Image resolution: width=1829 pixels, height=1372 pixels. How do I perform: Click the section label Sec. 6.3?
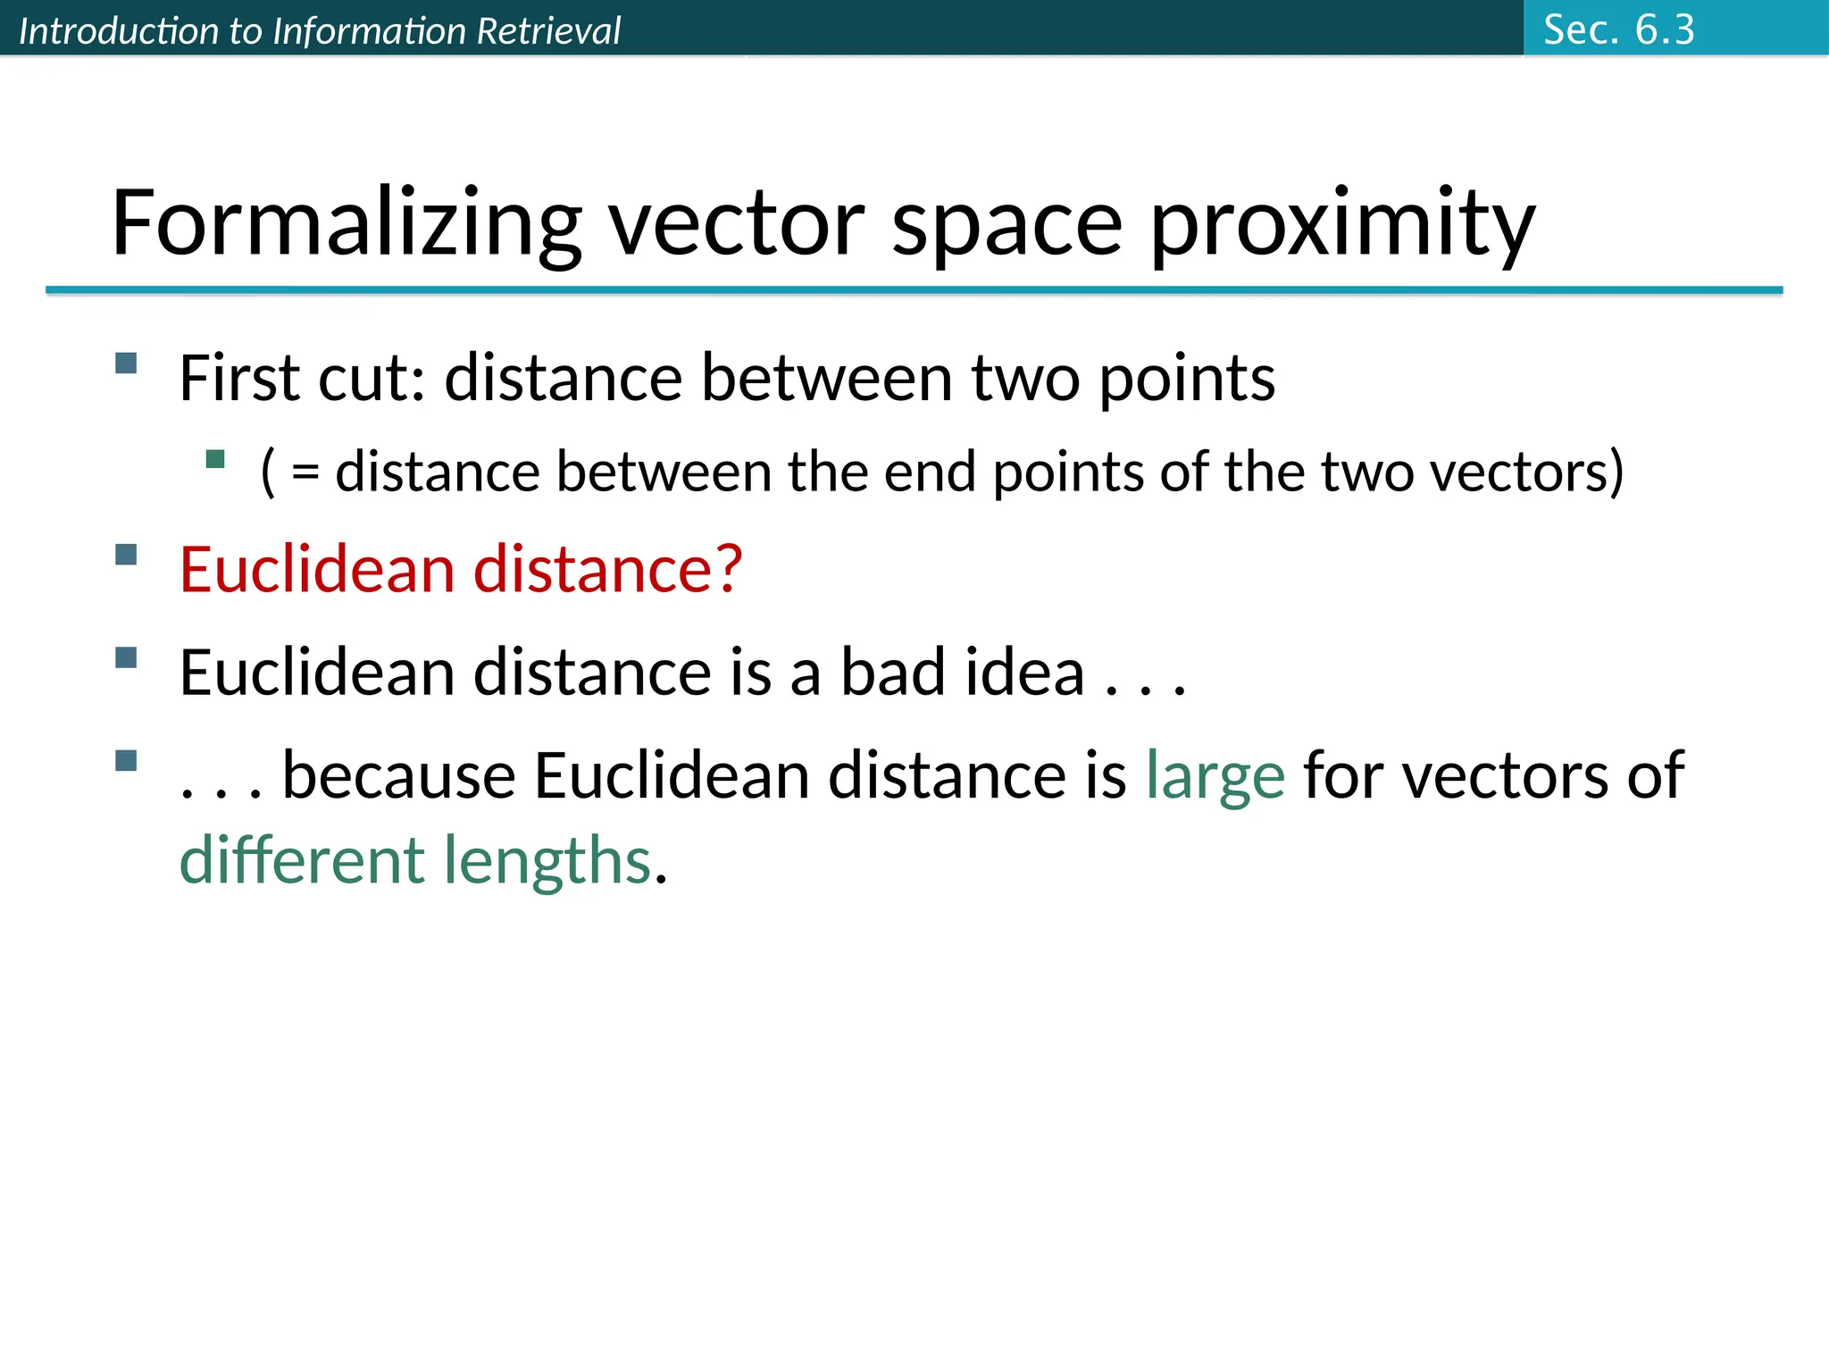click(1618, 29)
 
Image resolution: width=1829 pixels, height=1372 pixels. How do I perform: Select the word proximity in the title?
click(1342, 223)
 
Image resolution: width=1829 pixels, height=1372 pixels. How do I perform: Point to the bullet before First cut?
click(126, 363)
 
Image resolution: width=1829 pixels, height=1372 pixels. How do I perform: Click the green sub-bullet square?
click(215, 459)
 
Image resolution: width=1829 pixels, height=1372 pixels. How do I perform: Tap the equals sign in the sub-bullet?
click(305, 473)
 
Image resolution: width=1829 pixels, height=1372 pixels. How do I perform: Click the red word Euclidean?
click(317, 569)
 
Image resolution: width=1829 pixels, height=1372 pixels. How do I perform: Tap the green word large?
click(1215, 776)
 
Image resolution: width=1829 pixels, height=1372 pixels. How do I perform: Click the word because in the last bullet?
click(398, 774)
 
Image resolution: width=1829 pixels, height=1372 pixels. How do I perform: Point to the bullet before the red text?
click(126, 555)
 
